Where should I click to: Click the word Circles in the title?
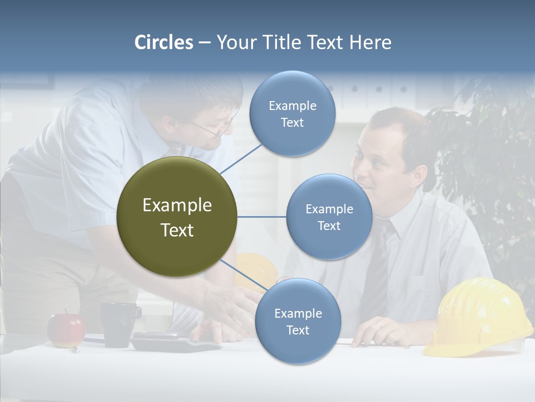point(164,42)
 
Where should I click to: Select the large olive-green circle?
point(177,217)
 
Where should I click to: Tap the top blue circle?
point(292,113)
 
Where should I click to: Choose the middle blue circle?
point(329,217)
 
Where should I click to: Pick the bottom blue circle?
point(298,321)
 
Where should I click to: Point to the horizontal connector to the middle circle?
point(261,217)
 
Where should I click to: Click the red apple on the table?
point(66,330)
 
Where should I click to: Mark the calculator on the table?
point(167,341)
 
